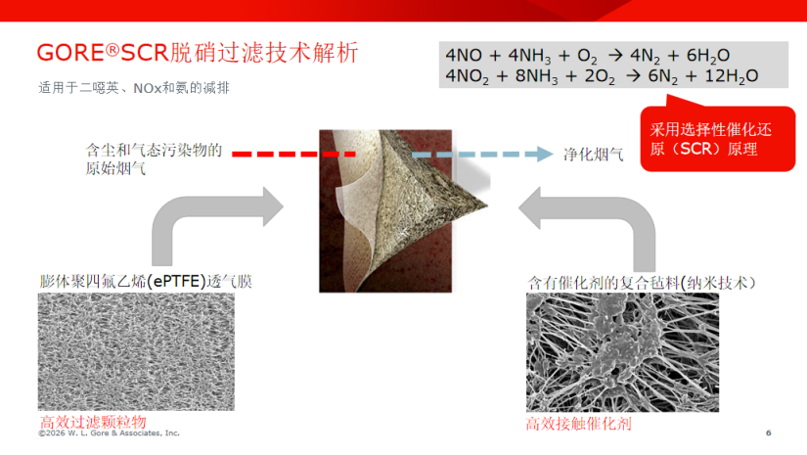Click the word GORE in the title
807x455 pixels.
coord(71,53)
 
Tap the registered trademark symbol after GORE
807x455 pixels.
coord(112,49)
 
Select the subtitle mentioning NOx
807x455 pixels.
coord(134,88)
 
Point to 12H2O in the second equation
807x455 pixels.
coord(731,76)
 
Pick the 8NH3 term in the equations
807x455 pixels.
coord(536,76)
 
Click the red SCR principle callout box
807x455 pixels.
coord(717,138)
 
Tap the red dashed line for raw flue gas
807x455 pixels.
coord(293,154)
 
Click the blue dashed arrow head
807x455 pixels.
coord(545,154)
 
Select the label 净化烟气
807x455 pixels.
coord(593,155)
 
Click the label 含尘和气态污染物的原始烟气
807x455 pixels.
coord(154,159)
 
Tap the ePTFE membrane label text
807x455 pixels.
coord(146,282)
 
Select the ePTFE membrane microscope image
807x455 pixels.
coord(136,351)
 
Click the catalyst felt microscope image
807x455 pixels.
coord(622,352)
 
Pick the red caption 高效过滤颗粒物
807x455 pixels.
coord(93,422)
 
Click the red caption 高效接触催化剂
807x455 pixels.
coord(578,424)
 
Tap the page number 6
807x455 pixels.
coord(769,432)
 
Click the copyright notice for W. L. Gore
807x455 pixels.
coord(110,433)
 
